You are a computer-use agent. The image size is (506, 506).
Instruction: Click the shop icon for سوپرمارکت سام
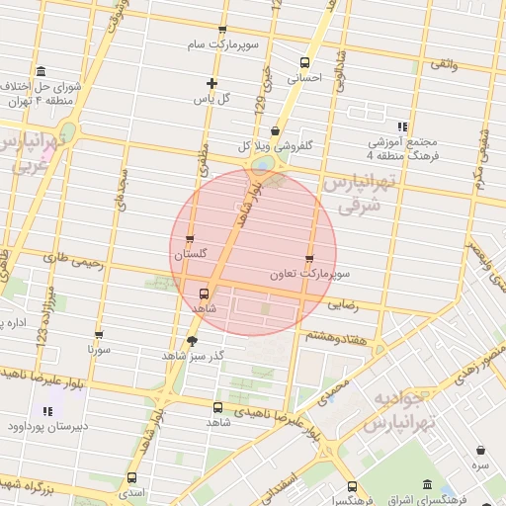click(221, 31)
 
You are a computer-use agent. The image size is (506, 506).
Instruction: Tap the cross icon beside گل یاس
click(211, 83)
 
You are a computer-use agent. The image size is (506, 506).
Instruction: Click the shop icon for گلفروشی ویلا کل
click(275, 130)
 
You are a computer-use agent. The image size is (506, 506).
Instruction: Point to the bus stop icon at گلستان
click(191, 239)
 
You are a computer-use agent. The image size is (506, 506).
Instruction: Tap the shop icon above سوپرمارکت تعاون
click(309, 258)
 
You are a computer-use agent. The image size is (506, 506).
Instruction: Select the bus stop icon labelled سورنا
click(98, 334)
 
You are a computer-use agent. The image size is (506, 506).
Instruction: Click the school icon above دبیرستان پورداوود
click(47, 411)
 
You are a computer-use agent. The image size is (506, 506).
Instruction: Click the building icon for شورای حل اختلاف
click(40, 72)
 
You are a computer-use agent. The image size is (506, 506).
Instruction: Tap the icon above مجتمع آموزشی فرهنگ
click(401, 126)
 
